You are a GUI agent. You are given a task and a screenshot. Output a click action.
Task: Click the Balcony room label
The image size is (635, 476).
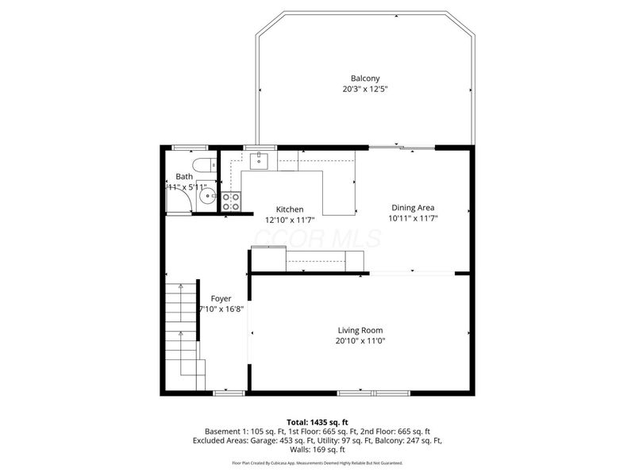tap(365, 79)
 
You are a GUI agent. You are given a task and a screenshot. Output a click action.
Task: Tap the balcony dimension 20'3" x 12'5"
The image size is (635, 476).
tap(365, 89)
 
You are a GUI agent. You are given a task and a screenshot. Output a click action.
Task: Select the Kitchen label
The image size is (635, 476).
tap(290, 209)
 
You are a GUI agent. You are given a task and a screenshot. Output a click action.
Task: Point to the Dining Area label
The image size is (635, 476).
tap(413, 207)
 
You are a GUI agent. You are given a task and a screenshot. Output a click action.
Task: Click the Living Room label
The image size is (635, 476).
tap(360, 330)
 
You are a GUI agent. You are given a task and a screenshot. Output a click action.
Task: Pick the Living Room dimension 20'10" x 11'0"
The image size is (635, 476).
tap(360, 341)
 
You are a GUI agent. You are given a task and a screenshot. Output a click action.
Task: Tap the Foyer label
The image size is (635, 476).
tap(221, 298)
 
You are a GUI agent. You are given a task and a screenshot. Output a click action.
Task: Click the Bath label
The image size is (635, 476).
tap(184, 177)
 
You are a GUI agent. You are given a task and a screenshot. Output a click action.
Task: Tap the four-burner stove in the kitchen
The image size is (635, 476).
tap(231, 202)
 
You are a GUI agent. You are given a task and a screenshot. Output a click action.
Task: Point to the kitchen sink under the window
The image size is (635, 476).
tap(260, 162)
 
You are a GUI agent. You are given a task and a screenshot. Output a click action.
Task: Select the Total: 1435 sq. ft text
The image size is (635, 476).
tap(317, 421)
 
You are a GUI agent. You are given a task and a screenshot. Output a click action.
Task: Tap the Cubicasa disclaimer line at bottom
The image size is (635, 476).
tap(317, 462)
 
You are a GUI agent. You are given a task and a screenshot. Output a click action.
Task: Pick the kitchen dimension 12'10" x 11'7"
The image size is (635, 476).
tap(290, 220)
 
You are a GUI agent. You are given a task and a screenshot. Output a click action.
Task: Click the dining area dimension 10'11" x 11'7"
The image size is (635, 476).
tap(413, 217)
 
